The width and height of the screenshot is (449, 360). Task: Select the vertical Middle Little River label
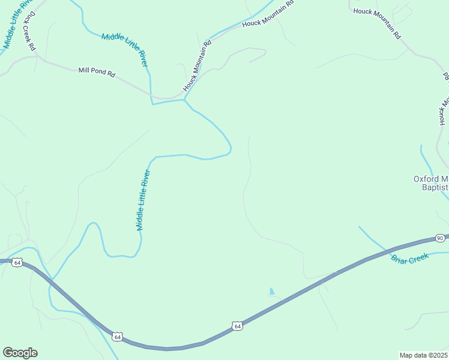[143, 200]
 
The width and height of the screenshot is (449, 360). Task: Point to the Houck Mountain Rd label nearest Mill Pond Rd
[198, 65]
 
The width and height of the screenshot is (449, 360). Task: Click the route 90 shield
[440, 238]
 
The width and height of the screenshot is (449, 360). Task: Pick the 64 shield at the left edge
[17, 262]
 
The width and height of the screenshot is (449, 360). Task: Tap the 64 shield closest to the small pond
[238, 326]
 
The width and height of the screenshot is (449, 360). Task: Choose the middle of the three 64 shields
[118, 337]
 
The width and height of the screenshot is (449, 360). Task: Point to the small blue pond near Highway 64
[272, 292]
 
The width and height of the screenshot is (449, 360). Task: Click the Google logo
[20, 353]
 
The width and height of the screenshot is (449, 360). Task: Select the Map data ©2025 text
[423, 355]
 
